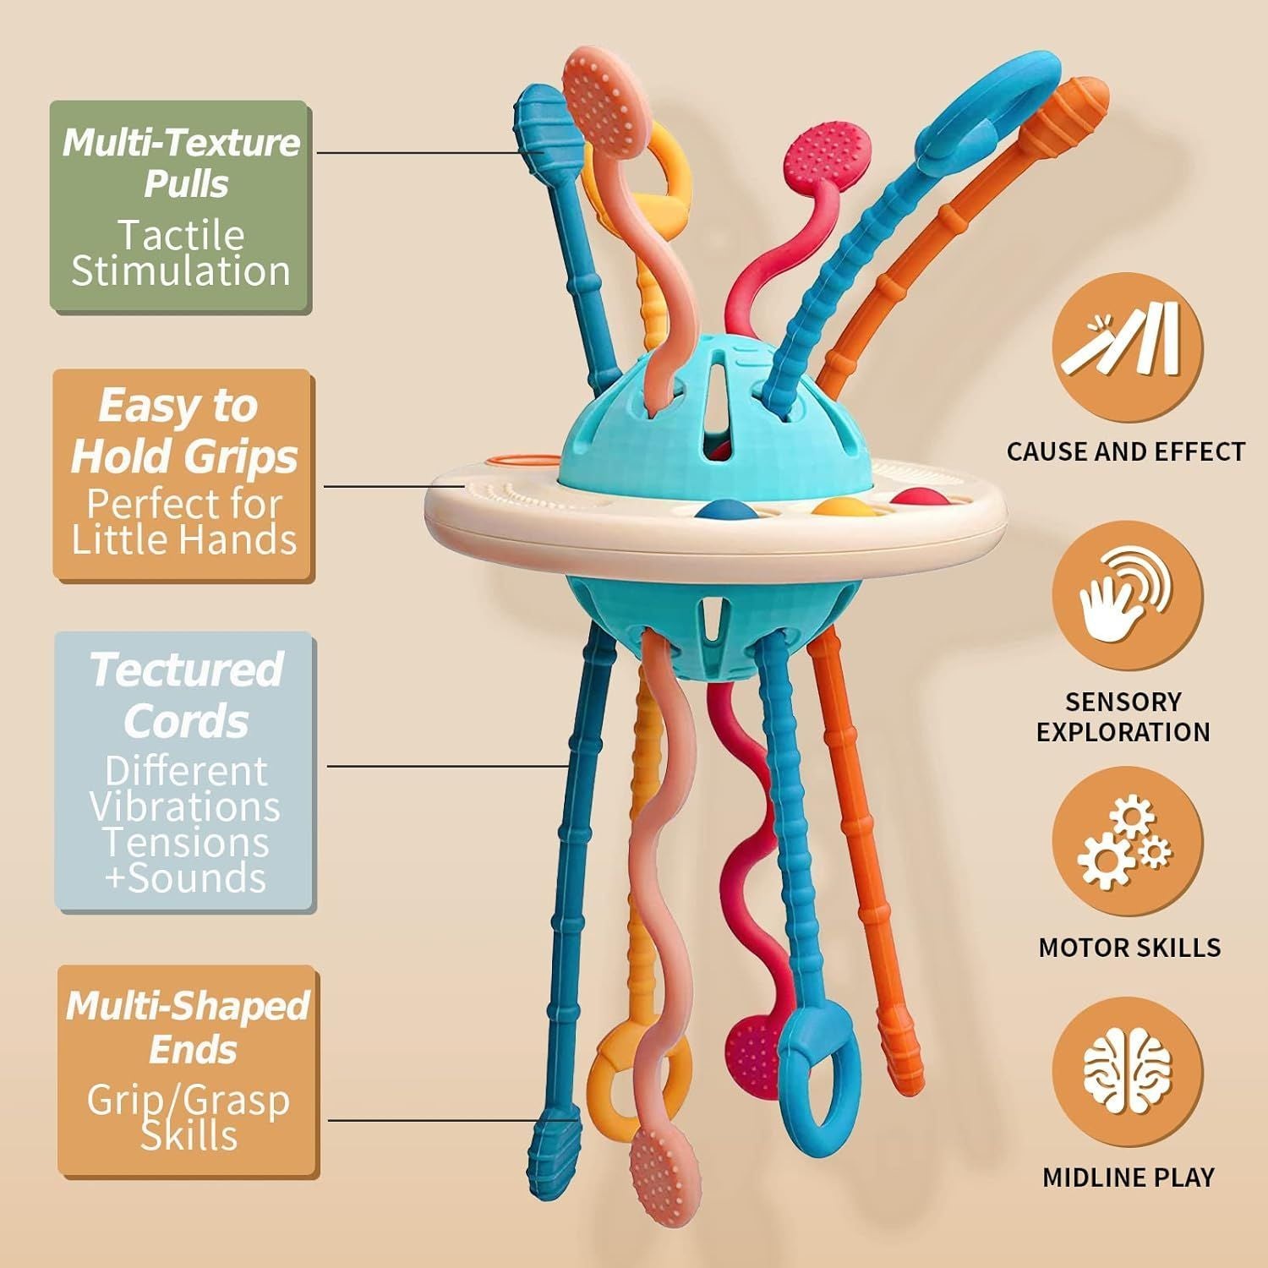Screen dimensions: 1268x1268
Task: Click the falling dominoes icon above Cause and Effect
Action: (1126, 347)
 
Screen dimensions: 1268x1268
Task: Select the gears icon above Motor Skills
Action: (1126, 845)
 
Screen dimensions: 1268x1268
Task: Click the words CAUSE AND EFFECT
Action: (1126, 452)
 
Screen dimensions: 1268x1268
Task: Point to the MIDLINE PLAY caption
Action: (1128, 1177)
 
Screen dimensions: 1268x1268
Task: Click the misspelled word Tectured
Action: (186, 670)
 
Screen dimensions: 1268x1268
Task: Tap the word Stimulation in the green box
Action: (181, 271)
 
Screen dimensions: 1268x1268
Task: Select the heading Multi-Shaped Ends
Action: (188, 1027)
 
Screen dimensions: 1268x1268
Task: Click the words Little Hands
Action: (184, 539)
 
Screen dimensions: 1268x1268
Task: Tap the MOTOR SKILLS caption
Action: (1129, 947)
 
